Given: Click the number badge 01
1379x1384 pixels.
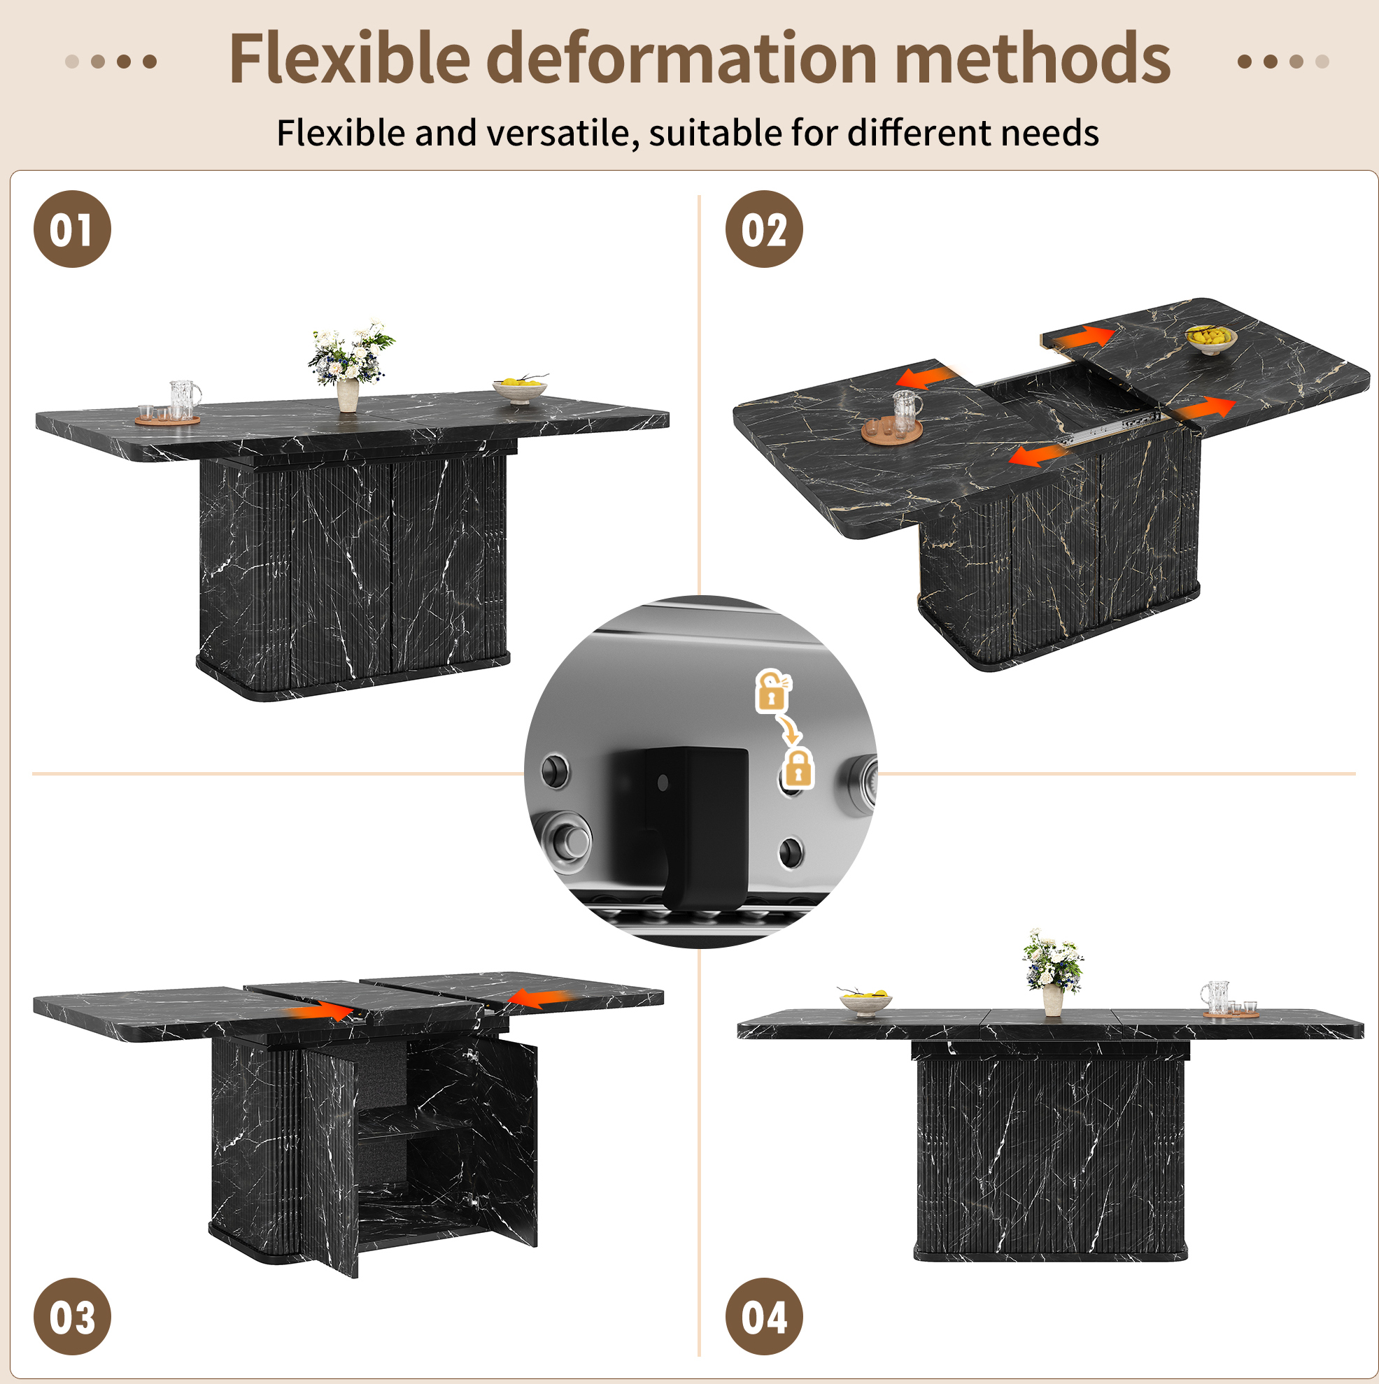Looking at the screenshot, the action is [72, 229].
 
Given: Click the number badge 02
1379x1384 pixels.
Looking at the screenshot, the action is [764, 229].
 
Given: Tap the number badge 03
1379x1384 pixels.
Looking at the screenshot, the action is [72, 1316].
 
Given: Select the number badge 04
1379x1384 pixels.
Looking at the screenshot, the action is [764, 1316].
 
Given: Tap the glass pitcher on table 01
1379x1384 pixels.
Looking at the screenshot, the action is [185, 399].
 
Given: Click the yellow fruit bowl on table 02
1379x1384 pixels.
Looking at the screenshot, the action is [1210, 340].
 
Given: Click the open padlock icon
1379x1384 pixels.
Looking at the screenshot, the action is [772, 690].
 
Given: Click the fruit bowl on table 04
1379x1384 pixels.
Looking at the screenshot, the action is [865, 1001].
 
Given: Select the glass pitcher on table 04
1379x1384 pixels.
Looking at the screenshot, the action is [1215, 997].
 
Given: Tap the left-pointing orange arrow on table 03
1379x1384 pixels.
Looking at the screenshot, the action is [539, 998].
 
